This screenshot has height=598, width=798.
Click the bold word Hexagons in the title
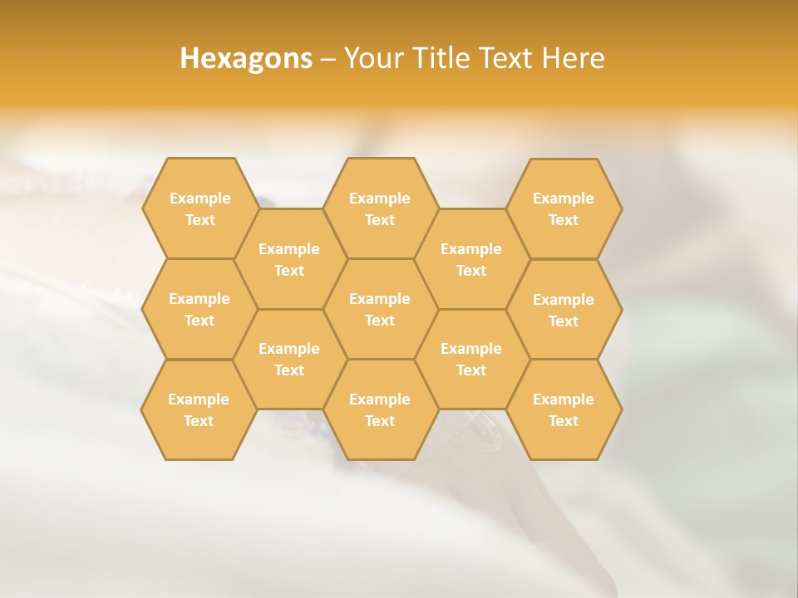pos(246,58)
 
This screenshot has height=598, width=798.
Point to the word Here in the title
pos(573,58)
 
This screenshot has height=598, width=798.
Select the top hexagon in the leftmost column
pos(199,208)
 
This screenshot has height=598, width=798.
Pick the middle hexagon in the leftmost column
pos(199,309)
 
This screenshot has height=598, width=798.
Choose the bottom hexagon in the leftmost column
pos(199,409)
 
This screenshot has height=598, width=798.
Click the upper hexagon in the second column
pos(289,259)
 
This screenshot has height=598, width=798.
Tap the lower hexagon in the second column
pos(289,359)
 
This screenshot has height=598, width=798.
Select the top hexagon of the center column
pos(380,208)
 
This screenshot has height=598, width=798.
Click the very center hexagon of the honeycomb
pos(380,309)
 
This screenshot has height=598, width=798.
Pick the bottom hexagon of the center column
pos(380,409)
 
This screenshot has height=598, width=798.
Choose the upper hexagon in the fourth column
pos(471,259)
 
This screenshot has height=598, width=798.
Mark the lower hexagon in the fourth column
pos(471,359)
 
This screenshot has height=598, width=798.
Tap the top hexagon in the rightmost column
pos(564,208)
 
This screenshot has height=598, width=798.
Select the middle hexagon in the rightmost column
pos(564,310)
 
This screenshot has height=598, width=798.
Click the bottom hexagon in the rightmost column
pos(564,409)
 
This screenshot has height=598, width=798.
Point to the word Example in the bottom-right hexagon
pos(564,399)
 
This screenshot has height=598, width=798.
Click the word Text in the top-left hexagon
pos(200,220)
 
